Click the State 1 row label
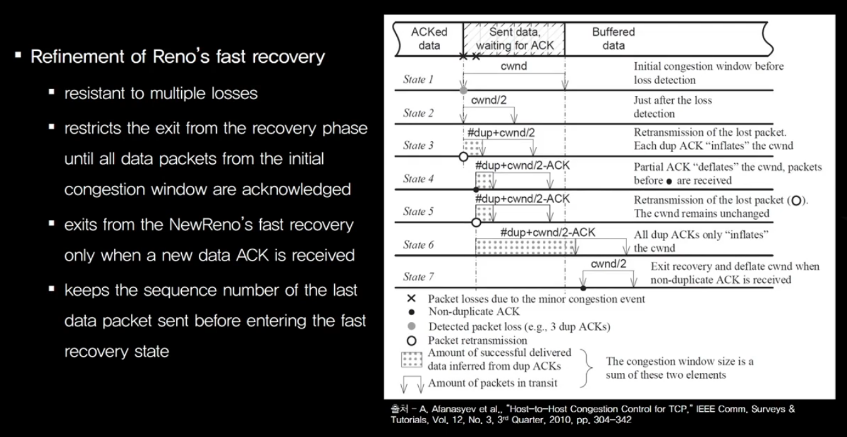coord(418,80)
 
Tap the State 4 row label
coord(418,179)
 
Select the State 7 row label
coord(418,277)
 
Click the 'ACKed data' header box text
coord(429,38)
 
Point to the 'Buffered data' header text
coord(613,38)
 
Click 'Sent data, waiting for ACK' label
coord(514,38)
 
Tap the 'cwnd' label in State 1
coord(513,65)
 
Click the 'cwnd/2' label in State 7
coord(608,264)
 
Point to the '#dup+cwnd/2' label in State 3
coord(502,132)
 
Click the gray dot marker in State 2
coord(463,91)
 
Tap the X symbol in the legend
coord(411,299)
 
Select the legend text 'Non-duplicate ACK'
coord(474,311)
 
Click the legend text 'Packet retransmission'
coord(477,340)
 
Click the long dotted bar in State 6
coord(525,245)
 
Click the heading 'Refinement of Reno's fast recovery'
coord(177,57)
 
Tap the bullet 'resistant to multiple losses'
coord(160,94)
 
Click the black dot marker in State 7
coord(583,288)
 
